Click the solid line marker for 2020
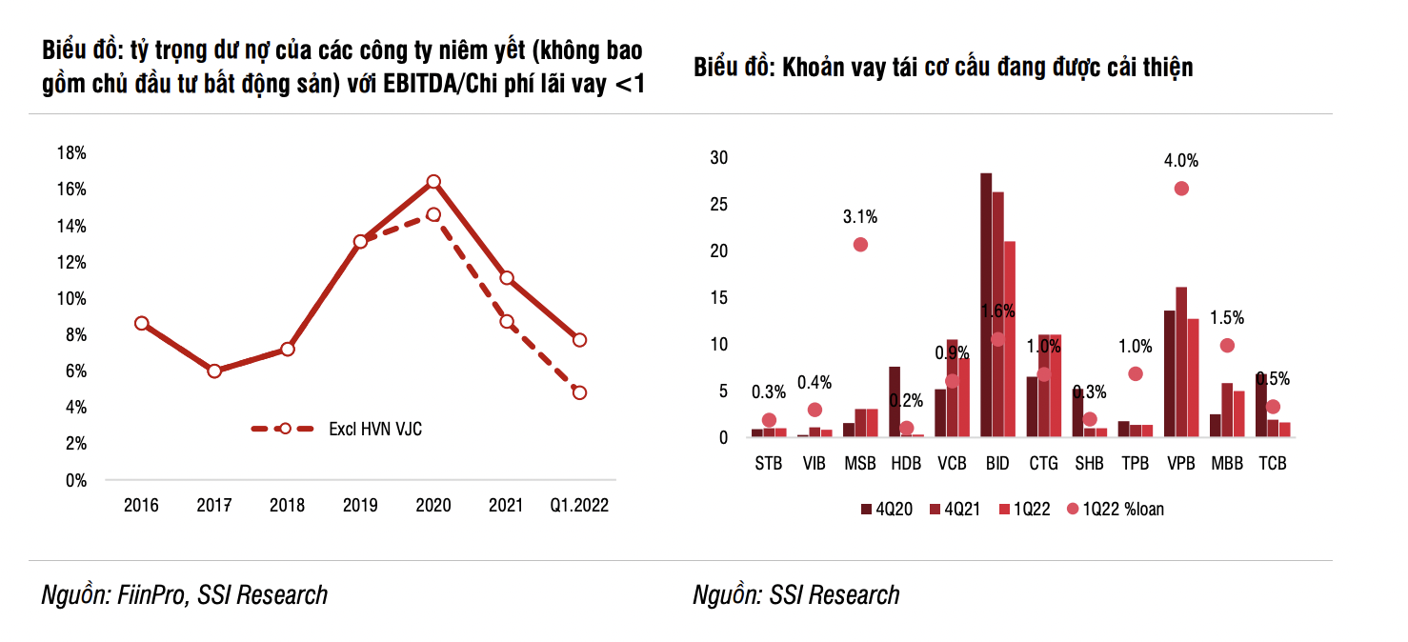(433, 181)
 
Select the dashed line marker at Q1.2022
(579, 392)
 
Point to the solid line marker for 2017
(214, 371)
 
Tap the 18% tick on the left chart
(72, 153)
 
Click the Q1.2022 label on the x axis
(579, 506)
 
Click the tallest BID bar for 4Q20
(986, 305)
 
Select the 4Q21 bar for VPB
(1181, 361)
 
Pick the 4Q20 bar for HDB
(895, 401)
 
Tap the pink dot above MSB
(860, 245)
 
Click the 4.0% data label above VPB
(1181, 160)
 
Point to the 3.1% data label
(860, 217)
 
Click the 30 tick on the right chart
(718, 158)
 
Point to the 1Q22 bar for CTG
(1055, 386)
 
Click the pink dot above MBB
(1227, 346)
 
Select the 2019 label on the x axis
(360, 506)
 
